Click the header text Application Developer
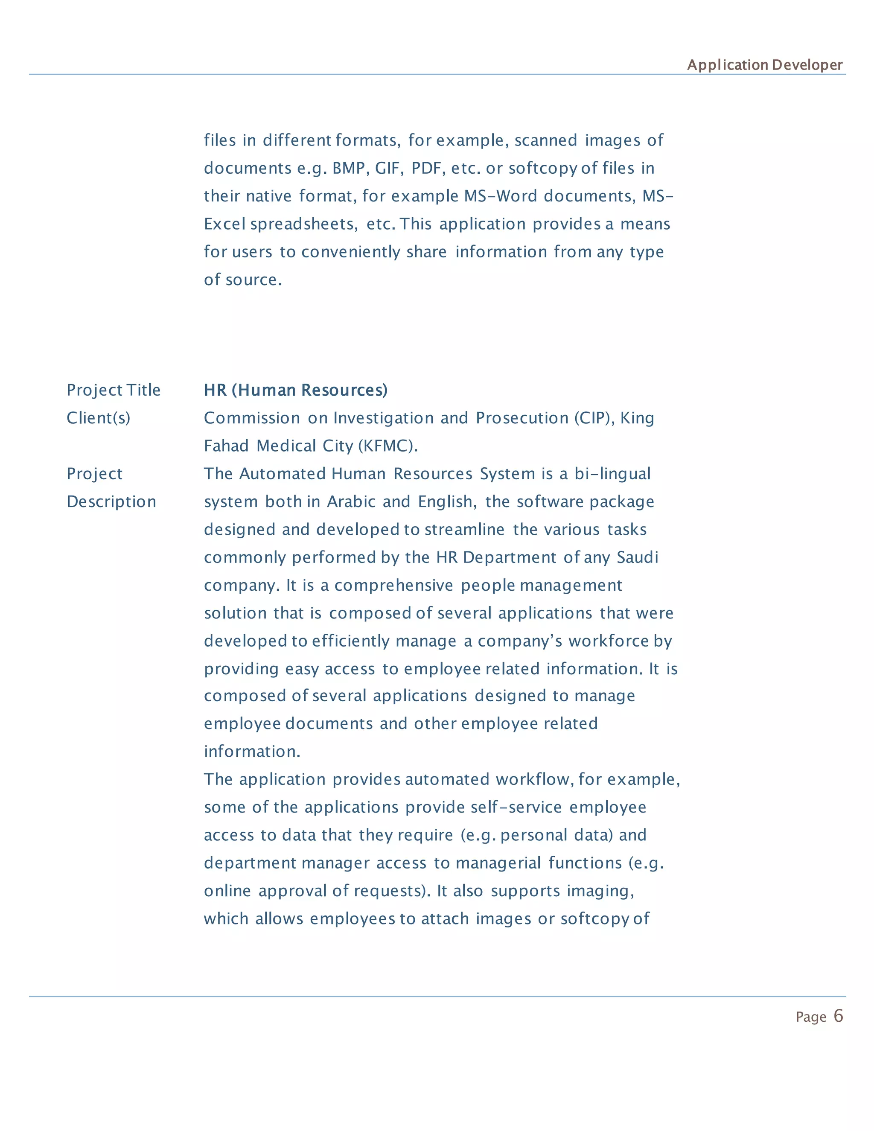click(x=764, y=65)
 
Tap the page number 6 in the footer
click(x=838, y=1016)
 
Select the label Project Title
click(x=114, y=390)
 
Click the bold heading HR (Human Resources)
click(x=295, y=390)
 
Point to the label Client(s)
click(x=99, y=418)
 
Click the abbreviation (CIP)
click(x=593, y=418)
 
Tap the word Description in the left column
click(x=111, y=502)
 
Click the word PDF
click(x=428, y=168)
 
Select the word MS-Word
click(x=500, y=196)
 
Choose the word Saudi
click(x=638, y=558)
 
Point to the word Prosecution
click(x=522, y=418)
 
